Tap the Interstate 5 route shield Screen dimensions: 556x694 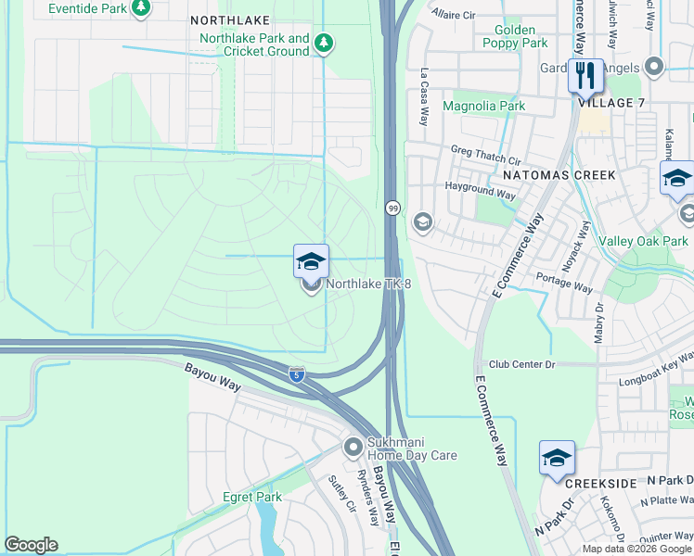click(296, 374)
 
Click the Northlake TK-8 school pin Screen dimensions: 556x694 click(311, 262)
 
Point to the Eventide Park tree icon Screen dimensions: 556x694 click(140, 8)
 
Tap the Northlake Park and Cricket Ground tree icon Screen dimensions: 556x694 click(323, 42)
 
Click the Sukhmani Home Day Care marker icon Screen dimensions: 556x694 click(353, 448)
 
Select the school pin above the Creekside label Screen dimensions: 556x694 click(557, 459)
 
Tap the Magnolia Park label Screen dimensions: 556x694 click(483, 106)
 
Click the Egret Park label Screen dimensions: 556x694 click(251, 498)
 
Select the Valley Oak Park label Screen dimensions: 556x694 click(650, 241)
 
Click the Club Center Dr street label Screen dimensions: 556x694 click(521, 364)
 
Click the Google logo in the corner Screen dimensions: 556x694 click(31, 545)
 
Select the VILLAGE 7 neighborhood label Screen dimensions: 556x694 click(611, 103)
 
